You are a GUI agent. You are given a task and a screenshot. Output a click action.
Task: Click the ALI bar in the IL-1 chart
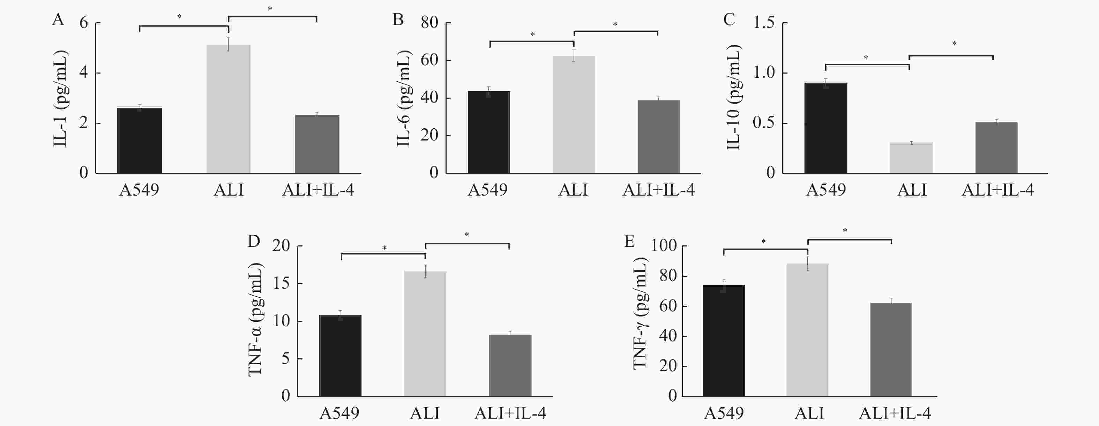228,109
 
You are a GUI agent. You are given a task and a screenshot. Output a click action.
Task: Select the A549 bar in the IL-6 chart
488,132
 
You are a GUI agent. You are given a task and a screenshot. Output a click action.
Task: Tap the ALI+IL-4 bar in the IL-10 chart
996,147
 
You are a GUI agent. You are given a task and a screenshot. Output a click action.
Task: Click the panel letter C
729,20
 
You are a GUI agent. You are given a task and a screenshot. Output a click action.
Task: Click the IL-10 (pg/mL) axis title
733,97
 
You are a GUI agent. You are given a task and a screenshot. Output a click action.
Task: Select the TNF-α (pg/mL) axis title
255,320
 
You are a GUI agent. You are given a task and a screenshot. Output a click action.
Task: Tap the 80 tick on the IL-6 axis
429,23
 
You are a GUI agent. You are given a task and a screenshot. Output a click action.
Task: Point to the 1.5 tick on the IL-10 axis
764,23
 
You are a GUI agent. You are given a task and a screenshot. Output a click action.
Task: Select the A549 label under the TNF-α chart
339,413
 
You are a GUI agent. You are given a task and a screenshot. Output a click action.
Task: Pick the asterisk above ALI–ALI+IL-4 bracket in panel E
845,231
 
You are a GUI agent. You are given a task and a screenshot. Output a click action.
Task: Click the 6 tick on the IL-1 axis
84,23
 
